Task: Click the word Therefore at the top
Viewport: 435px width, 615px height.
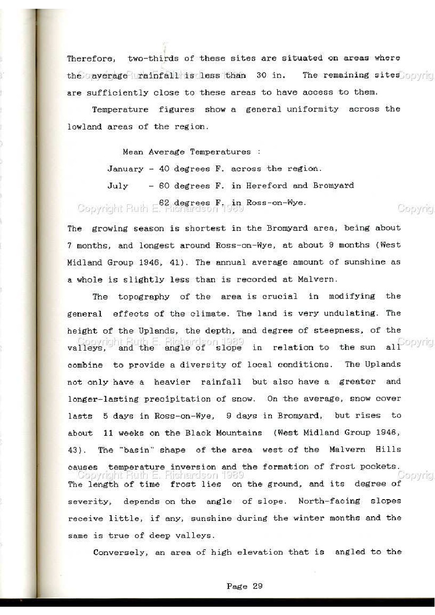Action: [x=91, y=58]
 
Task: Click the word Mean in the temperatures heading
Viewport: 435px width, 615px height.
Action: [x=132, y=152]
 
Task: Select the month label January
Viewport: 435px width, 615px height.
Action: [x=125, y=169]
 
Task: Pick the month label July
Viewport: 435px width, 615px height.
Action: [x=117, y=186]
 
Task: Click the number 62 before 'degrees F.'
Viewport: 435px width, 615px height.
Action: [x=164, y=202]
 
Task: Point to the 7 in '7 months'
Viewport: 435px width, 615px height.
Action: [x=70, y=245]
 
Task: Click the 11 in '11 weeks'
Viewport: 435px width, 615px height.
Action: [x=108, y=433]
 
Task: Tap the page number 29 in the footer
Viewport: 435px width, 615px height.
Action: [x=257, y=586]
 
